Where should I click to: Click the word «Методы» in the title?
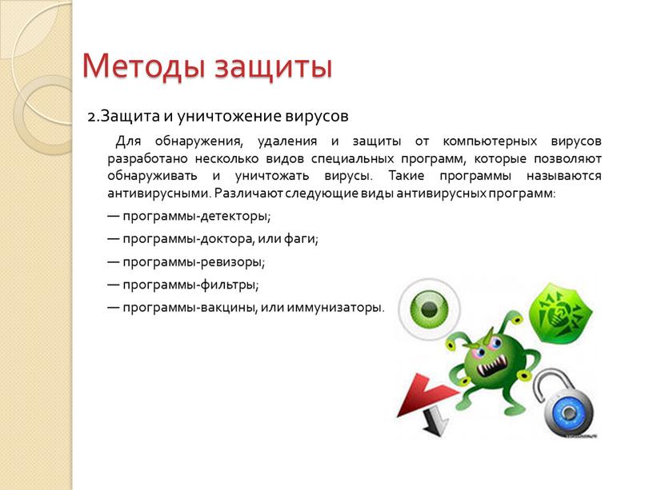point(143,66)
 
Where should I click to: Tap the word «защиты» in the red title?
point(274,66)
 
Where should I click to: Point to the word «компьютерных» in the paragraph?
point(490,141)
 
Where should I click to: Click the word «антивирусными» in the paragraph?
point(159,193)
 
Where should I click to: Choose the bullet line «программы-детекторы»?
point(196,217)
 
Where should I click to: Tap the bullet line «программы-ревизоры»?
point(194,262)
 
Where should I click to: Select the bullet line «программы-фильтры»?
point(190,285)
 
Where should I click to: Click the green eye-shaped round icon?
point(430,309)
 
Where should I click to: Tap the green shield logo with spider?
point(560,313)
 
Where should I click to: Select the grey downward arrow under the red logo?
point(435,420)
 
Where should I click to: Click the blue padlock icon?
point(568,412)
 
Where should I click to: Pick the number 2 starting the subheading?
point(91,117)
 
